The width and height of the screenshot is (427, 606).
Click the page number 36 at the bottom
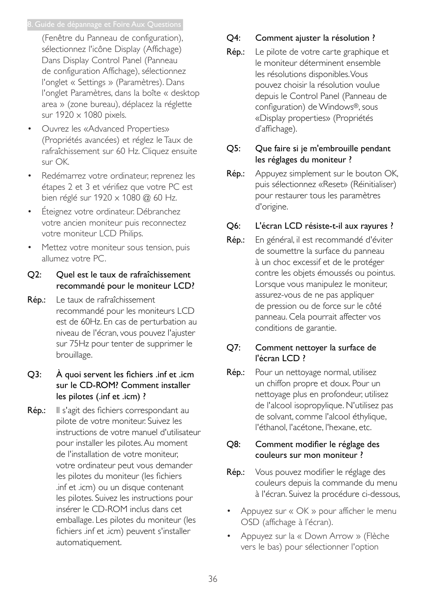point(213,579)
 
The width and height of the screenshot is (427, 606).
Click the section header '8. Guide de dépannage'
point(104,25)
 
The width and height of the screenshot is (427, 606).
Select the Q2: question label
point(34,275)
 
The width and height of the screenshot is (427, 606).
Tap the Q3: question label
point(34,375)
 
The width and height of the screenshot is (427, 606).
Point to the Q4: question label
point(233,38)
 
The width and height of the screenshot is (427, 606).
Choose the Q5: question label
point(233,149)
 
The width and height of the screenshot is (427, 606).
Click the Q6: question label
point(233,226)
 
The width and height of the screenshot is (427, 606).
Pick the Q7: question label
point(233,348)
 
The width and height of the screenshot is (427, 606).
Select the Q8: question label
point(233,444)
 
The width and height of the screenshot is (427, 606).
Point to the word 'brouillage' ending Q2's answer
point(73,355)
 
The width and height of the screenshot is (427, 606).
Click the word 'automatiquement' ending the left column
point(88,542)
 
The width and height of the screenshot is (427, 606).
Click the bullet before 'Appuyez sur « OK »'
point(228,511)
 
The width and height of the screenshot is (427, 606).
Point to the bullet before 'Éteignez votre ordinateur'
point(30,212)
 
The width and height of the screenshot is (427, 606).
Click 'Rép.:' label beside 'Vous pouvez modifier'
point(235,472)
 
